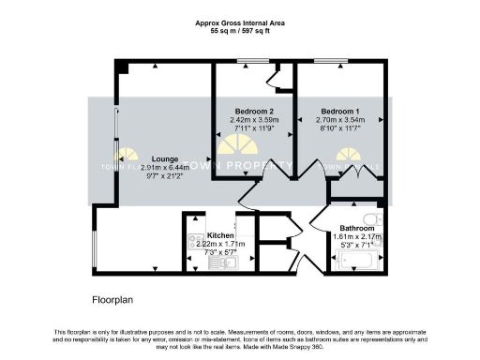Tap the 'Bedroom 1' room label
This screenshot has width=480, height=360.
pyautogui.click(x=338, y=112)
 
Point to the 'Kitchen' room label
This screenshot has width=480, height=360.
pyautogui.click(x=220, y=235)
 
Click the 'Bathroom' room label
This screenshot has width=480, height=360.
pyautogui.click(x=357, y=228)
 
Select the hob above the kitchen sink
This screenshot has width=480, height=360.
pyautogui.click(x=196, y=243)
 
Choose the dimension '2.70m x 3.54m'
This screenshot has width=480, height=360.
pyautogui.click(x=338, y=120)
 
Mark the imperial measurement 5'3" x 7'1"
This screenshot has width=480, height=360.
pyautogui.click(x=357, y=245)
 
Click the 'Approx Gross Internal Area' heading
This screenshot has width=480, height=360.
pyautogui.click(x=240, y=22)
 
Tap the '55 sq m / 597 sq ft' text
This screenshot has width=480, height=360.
pyautogui.click(x=240, y=30)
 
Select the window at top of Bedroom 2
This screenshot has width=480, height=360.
pyautogui.click(x=249, y=62)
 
